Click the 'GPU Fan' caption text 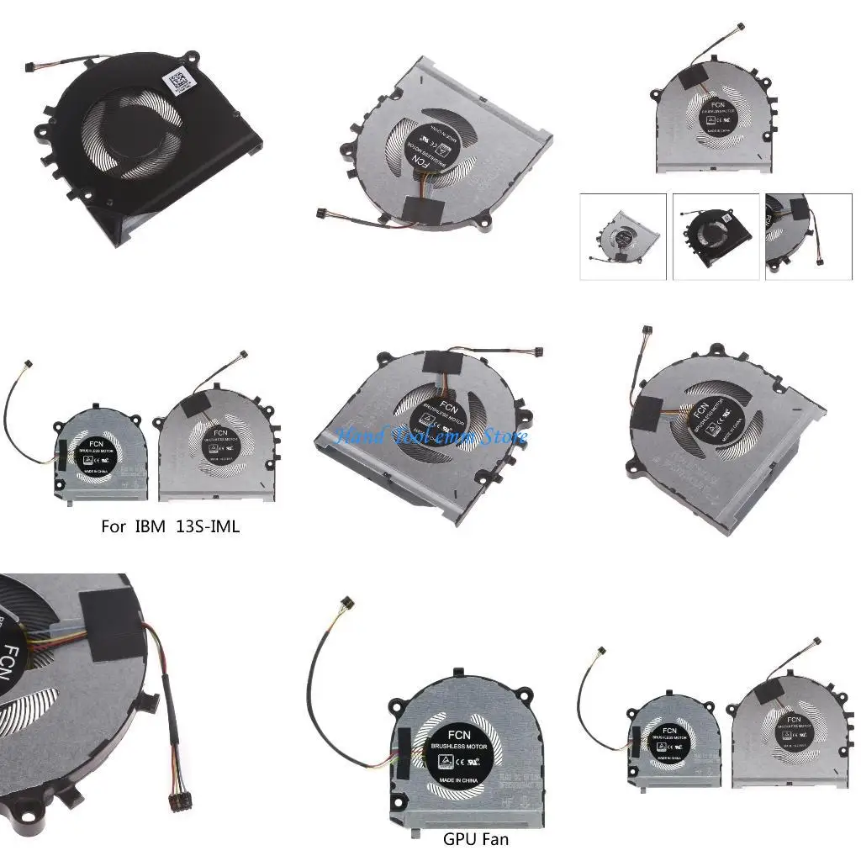pyautogui.click(x=475, y=838)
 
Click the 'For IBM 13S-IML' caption pyautogui.click(x=170, y=527)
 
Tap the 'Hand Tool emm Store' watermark pyautogui.click(x=431, y=436)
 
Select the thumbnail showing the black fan pyautogui.click(x=716, y=236)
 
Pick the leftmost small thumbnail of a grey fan pyautogui.click(x=623, y=236)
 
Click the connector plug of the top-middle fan pyautogui.click(x=320, y=214)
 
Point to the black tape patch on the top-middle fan pyautogui.click(x=419, y=205)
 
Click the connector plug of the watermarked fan pyautogui.click(x=537, y=351)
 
